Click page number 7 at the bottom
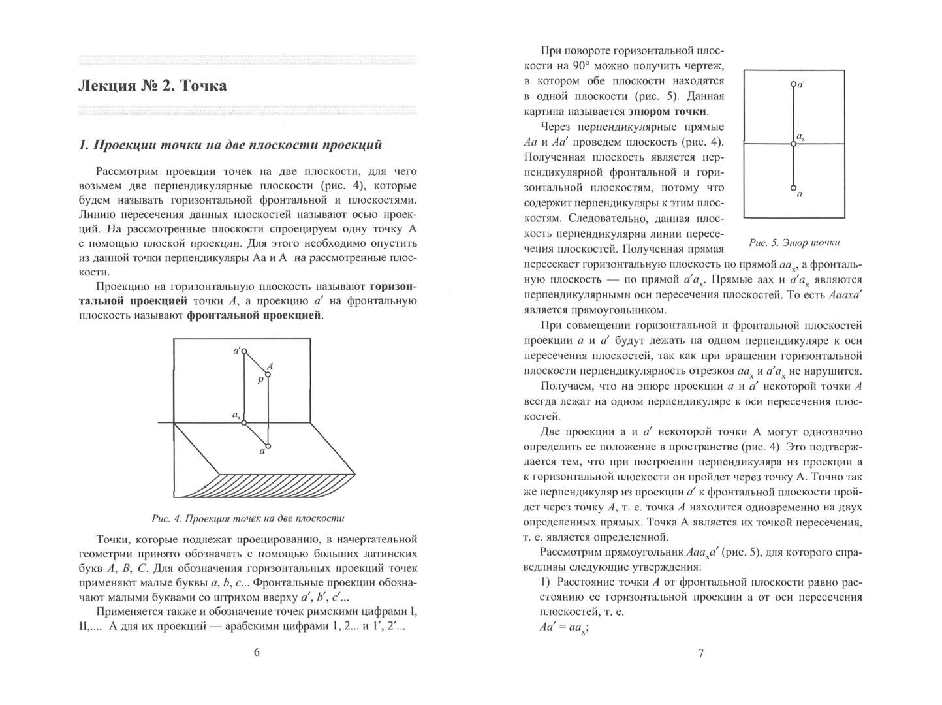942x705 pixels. click(701, 653)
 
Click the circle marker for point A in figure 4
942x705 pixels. click(268, 374)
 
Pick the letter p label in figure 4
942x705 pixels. click(260, 380)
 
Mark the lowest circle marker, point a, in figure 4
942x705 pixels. click(268, 446)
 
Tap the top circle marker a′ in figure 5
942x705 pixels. click(793, 84)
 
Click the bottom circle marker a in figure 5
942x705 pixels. click(793, 187)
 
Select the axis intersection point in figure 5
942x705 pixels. click(793, 144)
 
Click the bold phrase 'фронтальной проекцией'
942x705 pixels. click(254, 315)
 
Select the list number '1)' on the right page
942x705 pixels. click(546, 582)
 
